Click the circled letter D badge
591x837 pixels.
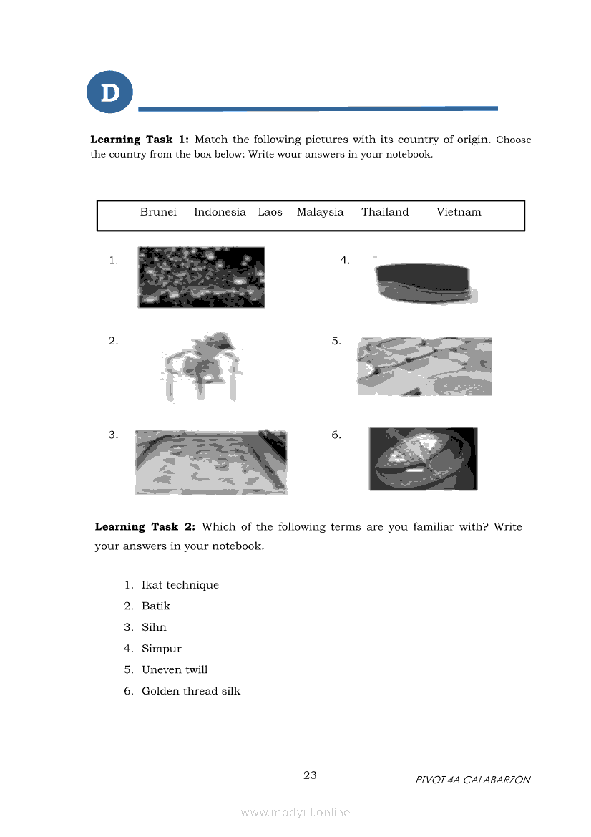pyautogui.click(x=109, y=92)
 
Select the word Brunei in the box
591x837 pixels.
pyautogui.click(x=158, y=212)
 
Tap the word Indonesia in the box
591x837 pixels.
pyautogui.click(x=220, y=212)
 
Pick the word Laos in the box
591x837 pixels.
pyautogui.click(x=270, y=212)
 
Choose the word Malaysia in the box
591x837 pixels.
pyautogui.click(x=320, y=212)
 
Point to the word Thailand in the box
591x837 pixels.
pyautogui.click(x=385, y=212)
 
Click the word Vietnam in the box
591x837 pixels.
pyautogui.click(x=459, y=212)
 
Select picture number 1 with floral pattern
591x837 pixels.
pyautogui.click(x=201, y=278)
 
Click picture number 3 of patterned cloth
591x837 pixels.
pyautogui.click(x=211, y=463)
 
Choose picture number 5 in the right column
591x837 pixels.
pyautogui.click(x=424, y=366)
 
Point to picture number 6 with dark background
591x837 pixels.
pyautogui.click(x=423, y=459)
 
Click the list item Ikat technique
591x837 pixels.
pyautogui.click(x=180, y=585)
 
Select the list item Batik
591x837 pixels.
pyautogui.click(x=156, y=606)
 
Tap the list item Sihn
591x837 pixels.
pyautogui.click(x=154, y=627)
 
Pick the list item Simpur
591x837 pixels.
pyautogui.click(x=162, y=649)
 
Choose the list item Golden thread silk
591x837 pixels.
pyautogui.click(x=191, y=691)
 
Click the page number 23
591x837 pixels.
pyautogui.click(x=310, y=775)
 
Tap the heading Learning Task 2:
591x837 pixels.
pyautogui.click(x=145, y=527)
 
